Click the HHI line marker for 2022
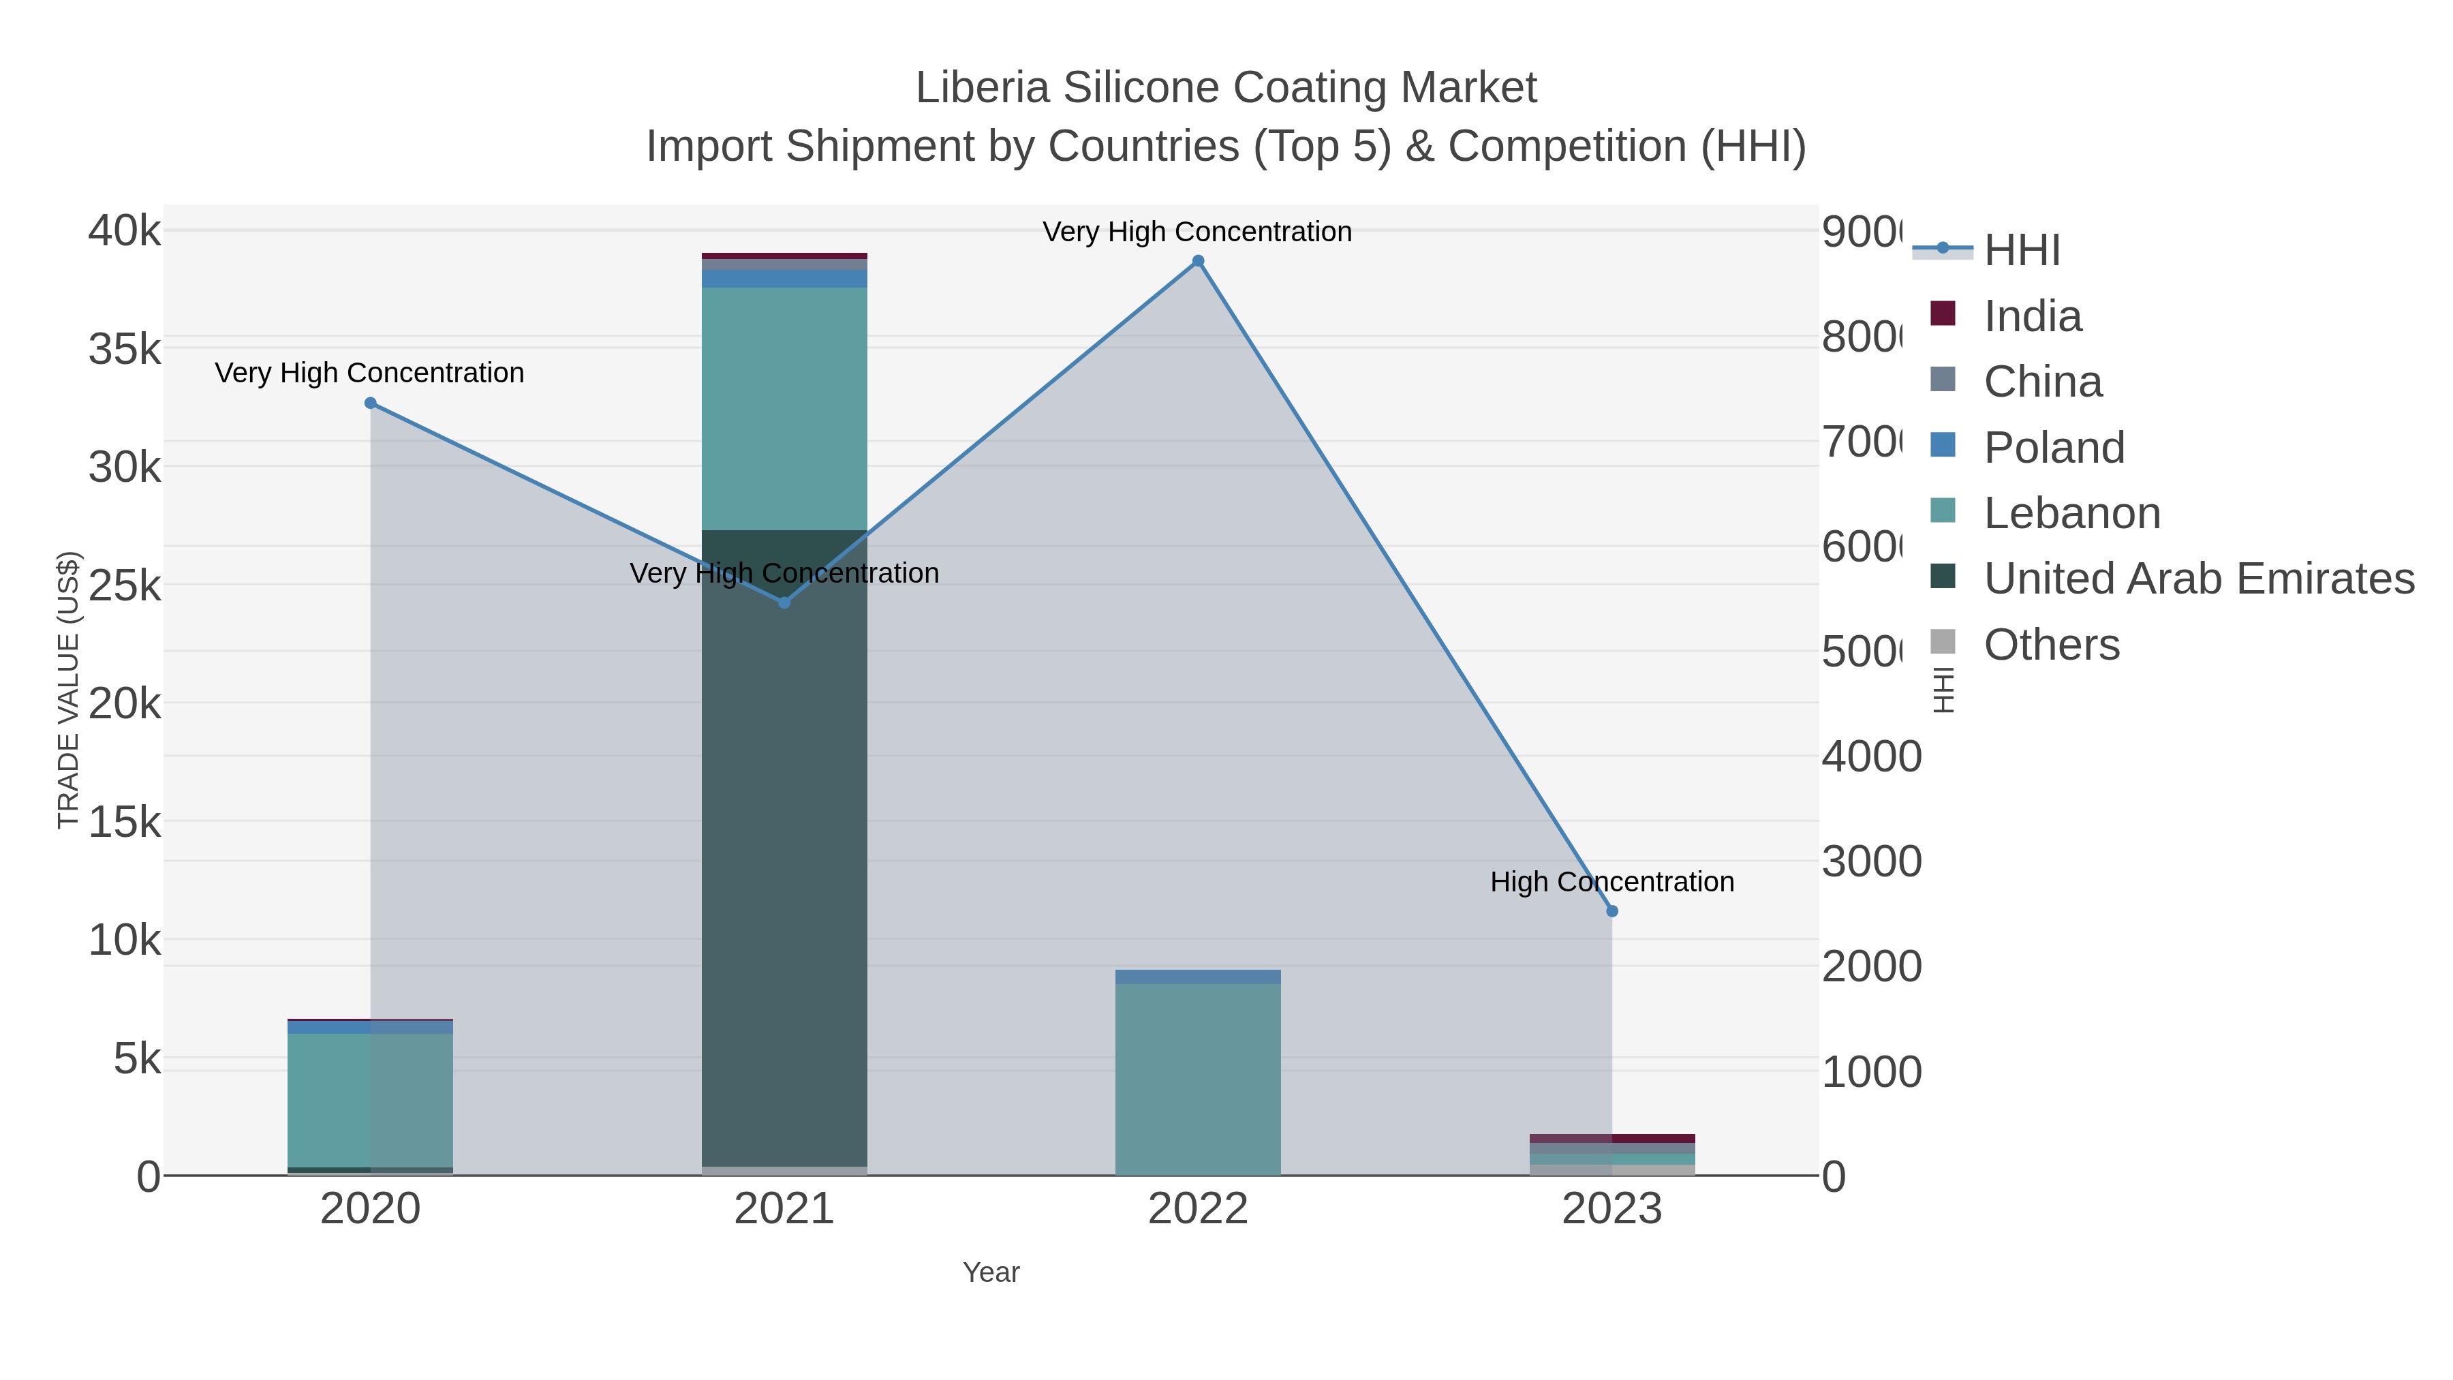1198,261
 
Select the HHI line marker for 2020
371,403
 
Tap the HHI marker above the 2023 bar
1612,911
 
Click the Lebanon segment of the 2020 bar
371,1100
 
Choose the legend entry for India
2031,316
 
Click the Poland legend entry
2053,448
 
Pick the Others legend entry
2051,645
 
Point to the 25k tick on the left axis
125,585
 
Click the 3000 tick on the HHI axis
1871,862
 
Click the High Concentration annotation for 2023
1612,882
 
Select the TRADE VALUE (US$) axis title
69,690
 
